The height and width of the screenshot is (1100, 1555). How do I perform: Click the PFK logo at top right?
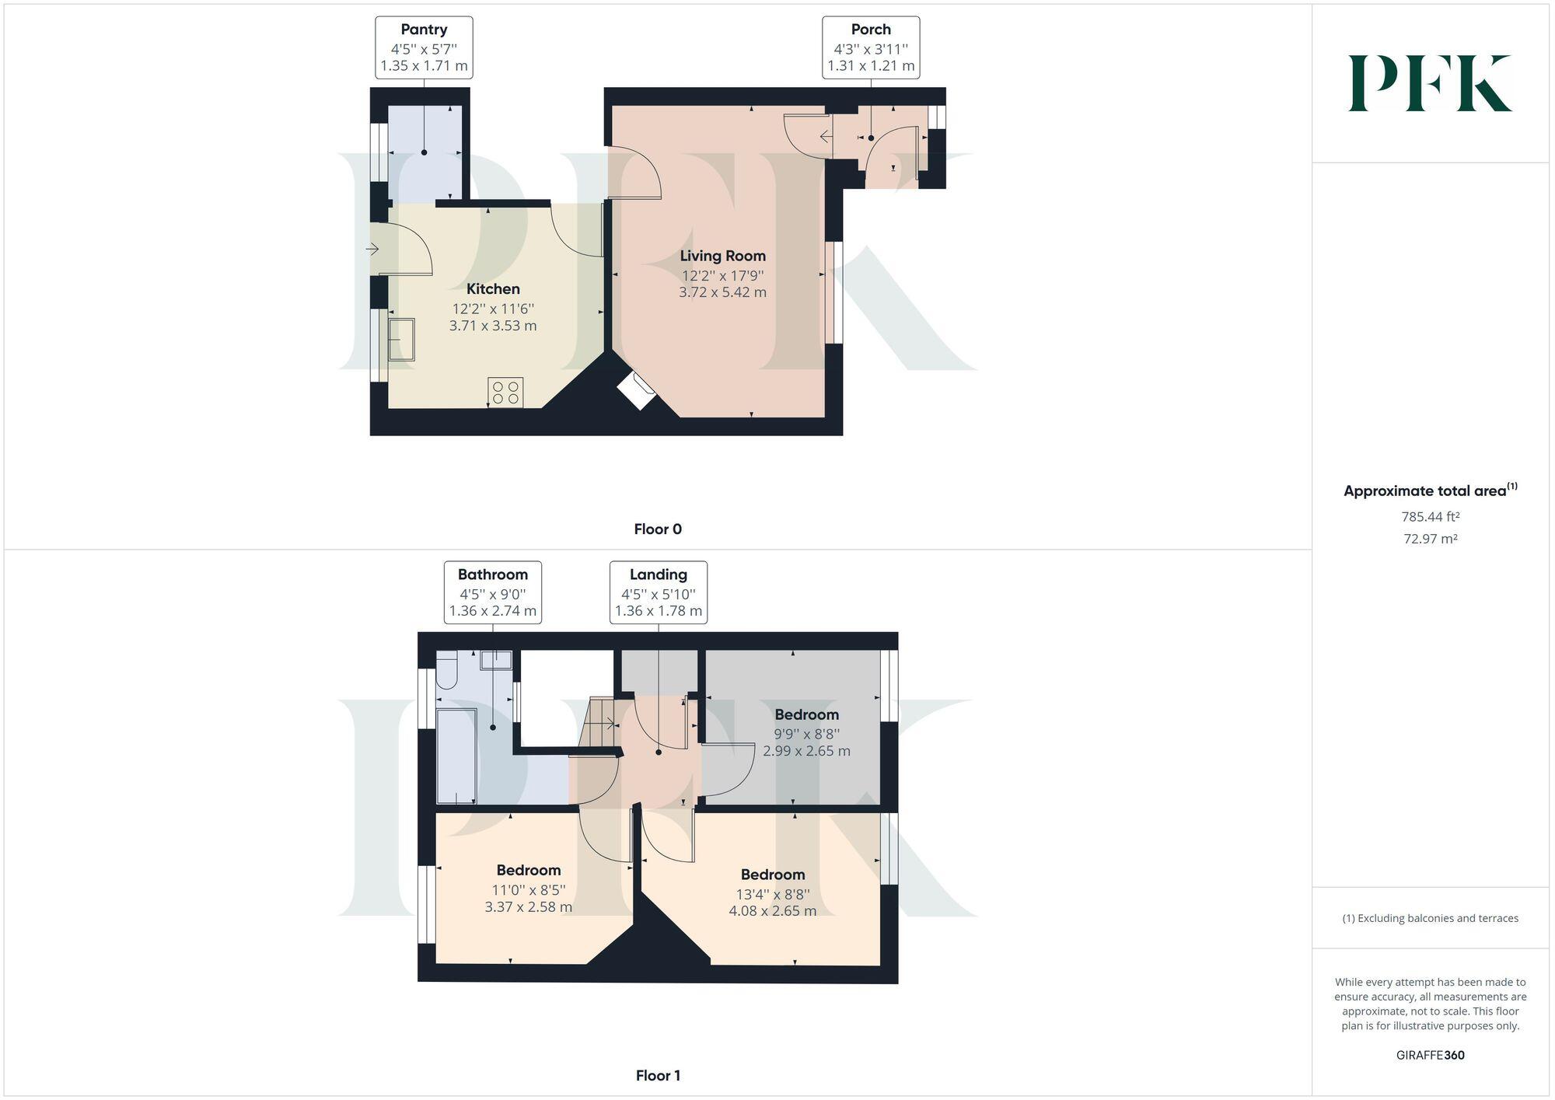click(1430, 83)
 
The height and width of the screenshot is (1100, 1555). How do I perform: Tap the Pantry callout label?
click(424, 47)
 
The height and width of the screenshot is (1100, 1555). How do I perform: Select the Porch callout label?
click(871, 47)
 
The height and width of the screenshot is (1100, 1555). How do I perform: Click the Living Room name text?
click(722, 256)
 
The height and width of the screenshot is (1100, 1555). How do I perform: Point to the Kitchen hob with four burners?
click(505, 392)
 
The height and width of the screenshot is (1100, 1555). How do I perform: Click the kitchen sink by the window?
click(401, 338)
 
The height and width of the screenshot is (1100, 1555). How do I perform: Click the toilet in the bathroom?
click(446, 672)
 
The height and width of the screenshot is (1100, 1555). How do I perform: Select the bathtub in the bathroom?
click(456, 755)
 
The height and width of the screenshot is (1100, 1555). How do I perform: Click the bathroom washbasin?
click(496, 660)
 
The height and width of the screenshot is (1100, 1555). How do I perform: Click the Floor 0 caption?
click(658, 529)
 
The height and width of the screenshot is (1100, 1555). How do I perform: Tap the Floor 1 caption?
click(658, 1076)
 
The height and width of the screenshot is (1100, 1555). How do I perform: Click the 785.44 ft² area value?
click(1430, 516)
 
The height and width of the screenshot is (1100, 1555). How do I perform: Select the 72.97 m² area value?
click(1430, 539)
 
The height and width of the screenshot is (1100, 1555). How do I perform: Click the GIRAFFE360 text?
click(1430, 1055)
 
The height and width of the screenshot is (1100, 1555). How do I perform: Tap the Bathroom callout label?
click(492, 592)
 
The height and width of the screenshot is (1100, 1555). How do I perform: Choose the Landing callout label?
click(658, 592)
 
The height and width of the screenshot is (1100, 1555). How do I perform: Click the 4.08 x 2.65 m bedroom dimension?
click(772, 910)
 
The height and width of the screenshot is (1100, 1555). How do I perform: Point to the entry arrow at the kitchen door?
click(372, 250)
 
